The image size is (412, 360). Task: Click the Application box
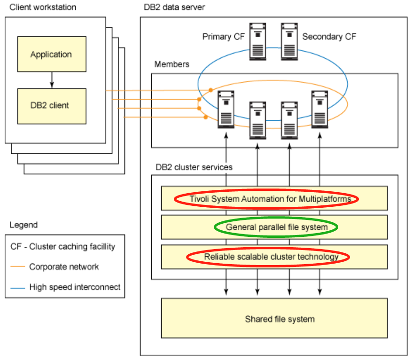click(52, 55)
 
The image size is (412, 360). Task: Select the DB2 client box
click(52, 106)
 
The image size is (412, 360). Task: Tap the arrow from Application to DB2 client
click(52, 80)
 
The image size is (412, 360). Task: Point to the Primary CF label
click(224, 37)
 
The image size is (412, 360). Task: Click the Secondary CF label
click(329, 37)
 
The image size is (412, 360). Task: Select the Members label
click(172, 64)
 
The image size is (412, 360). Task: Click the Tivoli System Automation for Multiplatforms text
click(270, 199)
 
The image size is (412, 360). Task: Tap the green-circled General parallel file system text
click(276, 227)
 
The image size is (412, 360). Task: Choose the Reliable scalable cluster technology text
click(271, 257)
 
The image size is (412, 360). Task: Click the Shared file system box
click(279, 320)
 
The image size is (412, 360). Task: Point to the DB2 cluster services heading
click(194, 167)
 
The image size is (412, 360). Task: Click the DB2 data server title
click(174, 8)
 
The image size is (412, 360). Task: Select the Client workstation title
click(43, 8)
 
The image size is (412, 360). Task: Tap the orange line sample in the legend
click(17, 267)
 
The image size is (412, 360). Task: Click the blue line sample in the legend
click(17, 287)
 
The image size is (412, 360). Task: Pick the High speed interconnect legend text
click(75, 287)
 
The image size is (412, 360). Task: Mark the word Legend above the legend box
click(23, 225)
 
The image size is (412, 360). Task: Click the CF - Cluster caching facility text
click(62, 247)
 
